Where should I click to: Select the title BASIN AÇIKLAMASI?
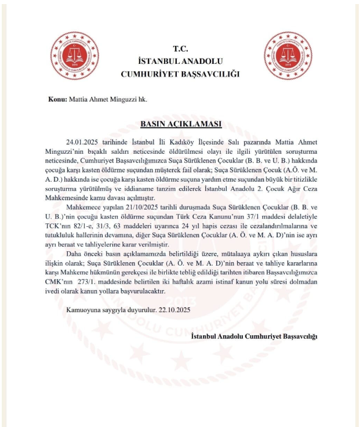point(181,124)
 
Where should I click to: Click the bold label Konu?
point(58,99)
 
